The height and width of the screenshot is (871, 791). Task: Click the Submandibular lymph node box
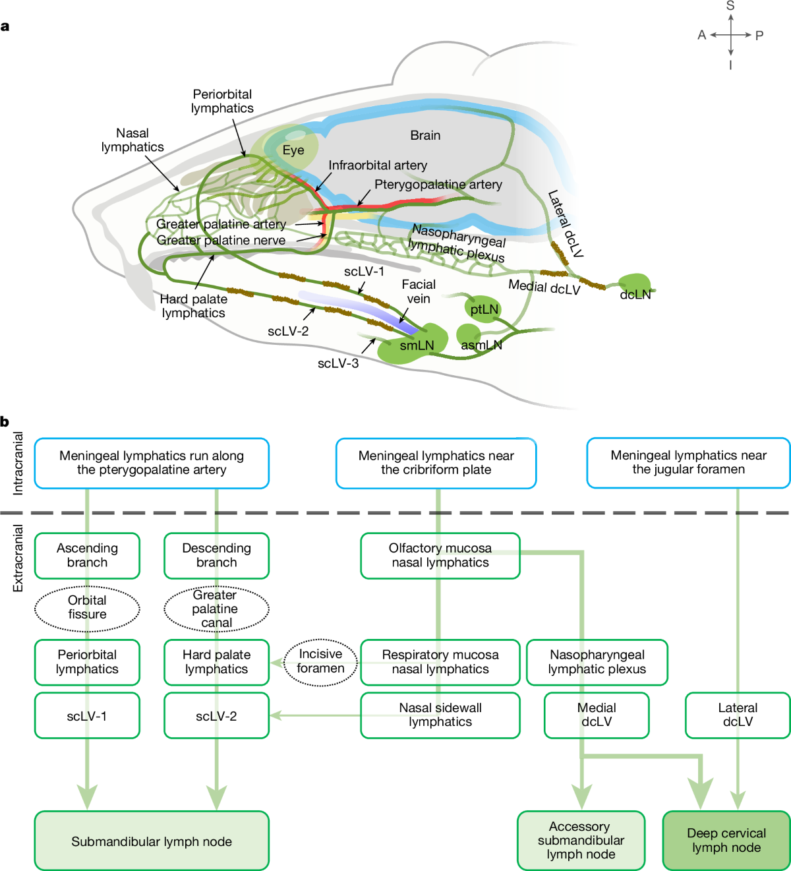point(152,841)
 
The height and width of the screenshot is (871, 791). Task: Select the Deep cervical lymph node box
point(726,840)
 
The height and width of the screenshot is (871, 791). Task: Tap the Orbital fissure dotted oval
point(87,607)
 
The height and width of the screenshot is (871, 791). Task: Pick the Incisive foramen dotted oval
point(320,661)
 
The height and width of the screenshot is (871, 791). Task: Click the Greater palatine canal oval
point(216,609)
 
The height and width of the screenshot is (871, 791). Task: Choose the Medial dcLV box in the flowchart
point(597,715)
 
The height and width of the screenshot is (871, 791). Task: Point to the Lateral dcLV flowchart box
point(738,715)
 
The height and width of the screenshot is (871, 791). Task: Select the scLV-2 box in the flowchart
point(216,715)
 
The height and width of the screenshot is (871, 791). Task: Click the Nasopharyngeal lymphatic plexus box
point(597,662)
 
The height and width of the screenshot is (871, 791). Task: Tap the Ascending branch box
point(87,555)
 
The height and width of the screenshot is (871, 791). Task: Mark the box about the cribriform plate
point(436,463)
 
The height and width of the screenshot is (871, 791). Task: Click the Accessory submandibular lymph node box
point(581,840)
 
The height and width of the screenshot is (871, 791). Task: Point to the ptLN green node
point(484,309)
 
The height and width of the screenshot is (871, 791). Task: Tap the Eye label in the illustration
point(293,150)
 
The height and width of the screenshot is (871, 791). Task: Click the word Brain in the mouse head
point(425,135)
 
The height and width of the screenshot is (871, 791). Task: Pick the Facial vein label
point(419,291)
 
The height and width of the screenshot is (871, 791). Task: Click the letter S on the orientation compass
point(730,6)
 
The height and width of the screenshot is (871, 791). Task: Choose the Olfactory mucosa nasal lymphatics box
point(440,555)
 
